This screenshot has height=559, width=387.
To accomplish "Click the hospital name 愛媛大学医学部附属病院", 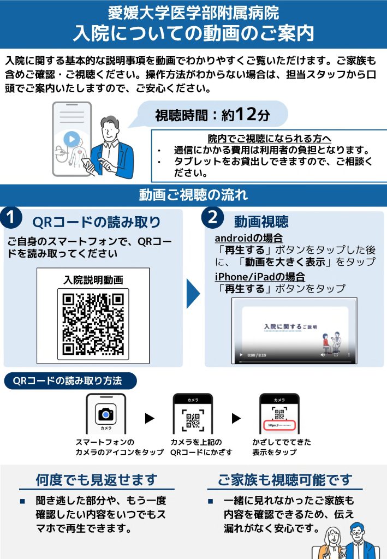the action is click(x=193, y=13).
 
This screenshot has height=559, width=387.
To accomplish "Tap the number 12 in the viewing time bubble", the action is click(x=246, y=114).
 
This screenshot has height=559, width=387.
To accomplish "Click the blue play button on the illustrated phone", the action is click(x=72, y=139).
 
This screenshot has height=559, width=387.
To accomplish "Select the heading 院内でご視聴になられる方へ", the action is click(x=270, y=138).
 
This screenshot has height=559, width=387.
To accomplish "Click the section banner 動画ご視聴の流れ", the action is click(x=193, y=195).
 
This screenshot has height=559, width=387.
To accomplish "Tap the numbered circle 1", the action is click(x=11, y=217).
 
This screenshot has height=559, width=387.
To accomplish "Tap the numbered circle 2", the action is click(x=212, y=217).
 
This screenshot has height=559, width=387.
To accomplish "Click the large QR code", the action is click(x=93, y=324).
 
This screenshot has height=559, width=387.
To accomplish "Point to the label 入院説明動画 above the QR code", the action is click(x=93, y=280).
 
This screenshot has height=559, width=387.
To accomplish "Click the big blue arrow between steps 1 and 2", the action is click(x=193, y=293).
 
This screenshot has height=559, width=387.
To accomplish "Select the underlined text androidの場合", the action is click(x=249, y=238).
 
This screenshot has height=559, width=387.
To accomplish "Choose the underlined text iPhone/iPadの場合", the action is click(x=260, y=277).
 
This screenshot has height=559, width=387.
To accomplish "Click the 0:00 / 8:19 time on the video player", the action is click(x=257, y=355).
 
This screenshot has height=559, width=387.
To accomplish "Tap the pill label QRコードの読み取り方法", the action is click(x=70, y=380).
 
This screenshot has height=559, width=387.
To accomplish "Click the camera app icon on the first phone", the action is click(x=106, y=414).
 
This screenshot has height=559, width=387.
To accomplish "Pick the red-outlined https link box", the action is click(x=279, y=425).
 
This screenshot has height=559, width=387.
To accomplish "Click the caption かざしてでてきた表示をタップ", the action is click(x=282, y=447).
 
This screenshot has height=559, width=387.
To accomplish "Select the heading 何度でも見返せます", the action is click(x=97, y=480).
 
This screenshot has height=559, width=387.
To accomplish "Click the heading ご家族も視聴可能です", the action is click(x=285, y=480).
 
